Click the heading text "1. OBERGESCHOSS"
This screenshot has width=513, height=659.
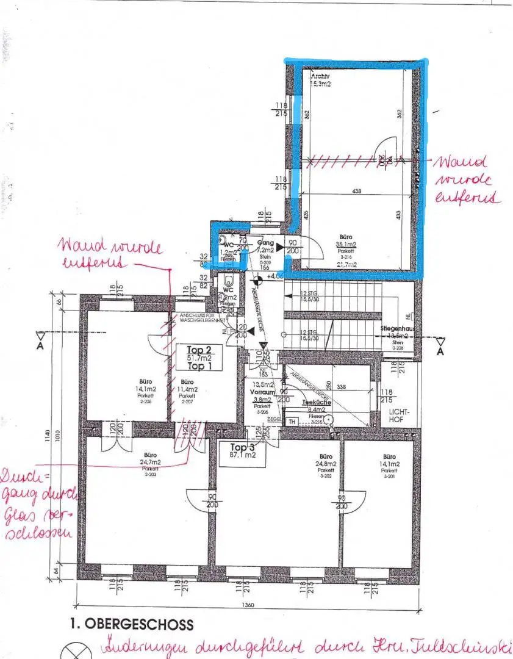pos(131,624)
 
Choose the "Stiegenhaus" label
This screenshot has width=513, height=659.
pos(398,328)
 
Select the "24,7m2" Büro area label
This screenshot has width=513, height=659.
pos(151,463)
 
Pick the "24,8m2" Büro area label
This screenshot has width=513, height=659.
pos(325,464)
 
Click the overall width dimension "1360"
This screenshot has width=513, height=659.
pos(248,605)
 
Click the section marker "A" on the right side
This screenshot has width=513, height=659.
pos(439,352)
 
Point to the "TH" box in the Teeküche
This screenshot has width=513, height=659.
pos(292,422)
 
